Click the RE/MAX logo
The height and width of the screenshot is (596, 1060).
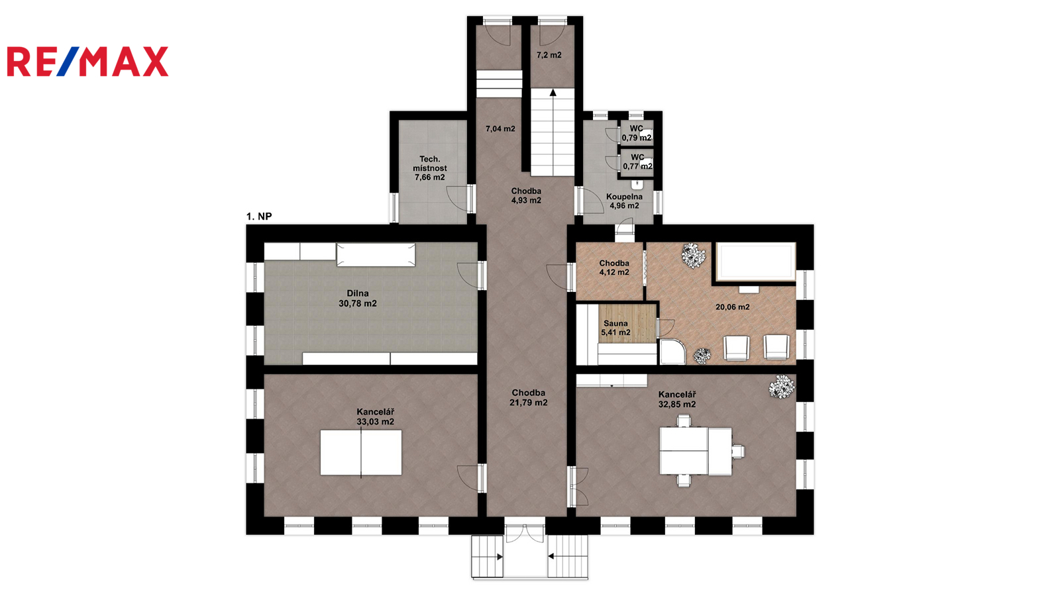[x=87, y=62]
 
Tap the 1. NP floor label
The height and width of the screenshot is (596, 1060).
[x=259, y=217]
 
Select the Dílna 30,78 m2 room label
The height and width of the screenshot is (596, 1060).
[x=358, y=299]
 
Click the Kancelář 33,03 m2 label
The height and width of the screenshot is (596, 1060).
[x=375, y=417]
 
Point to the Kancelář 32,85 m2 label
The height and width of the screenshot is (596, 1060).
[x=677, y=399]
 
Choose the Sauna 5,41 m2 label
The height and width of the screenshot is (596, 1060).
[x=615, y=328]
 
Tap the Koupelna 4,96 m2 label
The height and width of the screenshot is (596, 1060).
[x=625, y=201]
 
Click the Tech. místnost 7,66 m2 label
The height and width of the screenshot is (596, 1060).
[x=430, y=168]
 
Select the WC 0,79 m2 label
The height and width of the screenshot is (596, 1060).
[x=637, y=133]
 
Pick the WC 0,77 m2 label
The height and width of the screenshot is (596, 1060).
[x=638, y=162]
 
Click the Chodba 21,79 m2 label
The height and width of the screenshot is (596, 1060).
[x=529, y=398]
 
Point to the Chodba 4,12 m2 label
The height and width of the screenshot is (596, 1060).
[x=614, y=268]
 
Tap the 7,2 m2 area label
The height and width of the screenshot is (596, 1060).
[x=549, y=55]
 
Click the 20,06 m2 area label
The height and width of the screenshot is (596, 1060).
[x=733, y=307]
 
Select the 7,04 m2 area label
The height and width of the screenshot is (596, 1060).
[x=500, y=128]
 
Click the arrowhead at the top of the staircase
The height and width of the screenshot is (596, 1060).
[x=553, y=92]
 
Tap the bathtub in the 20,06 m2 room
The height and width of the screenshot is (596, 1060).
[x=756, y=261]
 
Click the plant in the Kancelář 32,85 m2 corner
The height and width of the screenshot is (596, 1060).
[x=781, y=387]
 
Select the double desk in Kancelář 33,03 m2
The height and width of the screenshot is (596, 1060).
[x=361, y=453]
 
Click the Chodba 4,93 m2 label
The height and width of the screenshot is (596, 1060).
[x=526, y=196]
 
